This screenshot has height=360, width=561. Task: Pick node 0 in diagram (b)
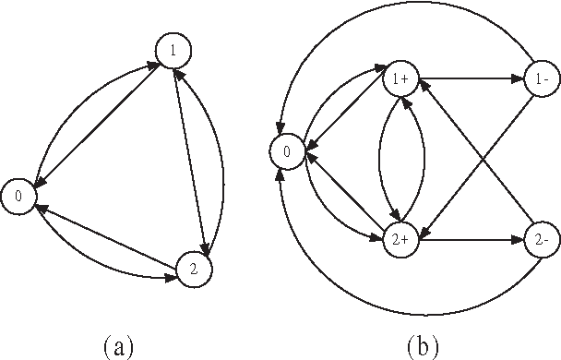(287, 154)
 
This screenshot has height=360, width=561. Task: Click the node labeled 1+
(401, 80)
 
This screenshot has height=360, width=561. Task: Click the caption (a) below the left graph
(119, 346)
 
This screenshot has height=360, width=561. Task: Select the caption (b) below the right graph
(424, 346)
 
